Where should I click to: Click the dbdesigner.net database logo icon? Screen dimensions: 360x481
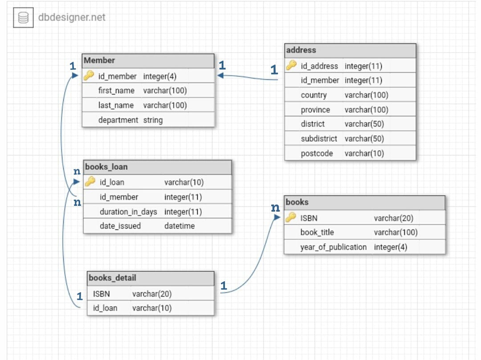coord(23,17)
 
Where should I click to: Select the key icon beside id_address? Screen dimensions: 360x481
coord(291,65)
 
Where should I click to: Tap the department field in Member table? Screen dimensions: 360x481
coord(118,120)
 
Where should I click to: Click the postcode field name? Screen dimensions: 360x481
coord(317,153)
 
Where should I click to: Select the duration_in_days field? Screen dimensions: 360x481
coord(128,212)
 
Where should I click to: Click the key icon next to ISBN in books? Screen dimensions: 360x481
coord(291,217)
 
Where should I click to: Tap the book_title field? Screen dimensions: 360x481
coord(317,232)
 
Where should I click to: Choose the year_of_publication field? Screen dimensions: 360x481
coord(334,247)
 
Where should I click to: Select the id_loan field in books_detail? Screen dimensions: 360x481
coord(105,308)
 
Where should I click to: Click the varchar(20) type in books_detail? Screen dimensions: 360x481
coord(152,294)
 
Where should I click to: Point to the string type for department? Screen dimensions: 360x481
coord(153,120)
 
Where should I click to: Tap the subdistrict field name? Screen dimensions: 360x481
coord(319,139)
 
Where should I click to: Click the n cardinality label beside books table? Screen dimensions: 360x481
coord(276,208)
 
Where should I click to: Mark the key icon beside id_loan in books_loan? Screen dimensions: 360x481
coord(90,181)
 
